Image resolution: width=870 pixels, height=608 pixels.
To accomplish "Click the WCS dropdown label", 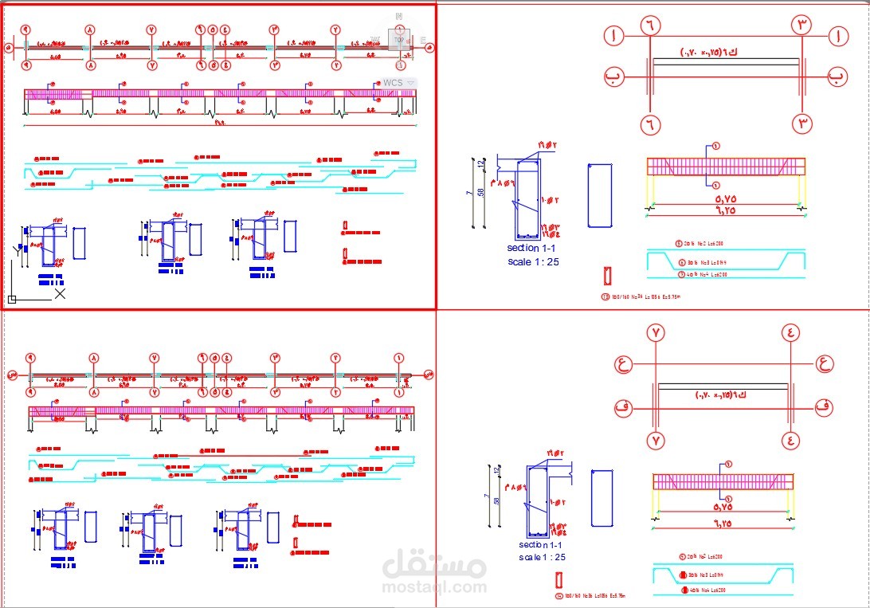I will click(394, 83).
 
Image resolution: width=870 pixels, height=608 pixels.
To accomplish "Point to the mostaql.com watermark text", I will click(435, 588).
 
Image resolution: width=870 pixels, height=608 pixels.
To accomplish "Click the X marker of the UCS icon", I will click(60, 293).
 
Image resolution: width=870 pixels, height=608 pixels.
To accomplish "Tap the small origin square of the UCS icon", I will click(12, 300).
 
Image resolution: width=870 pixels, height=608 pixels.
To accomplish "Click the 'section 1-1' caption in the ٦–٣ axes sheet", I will click(534, 249).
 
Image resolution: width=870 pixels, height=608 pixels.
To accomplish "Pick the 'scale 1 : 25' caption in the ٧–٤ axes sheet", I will click(542, 558).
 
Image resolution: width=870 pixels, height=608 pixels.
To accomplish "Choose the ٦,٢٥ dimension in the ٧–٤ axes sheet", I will click(723, 523).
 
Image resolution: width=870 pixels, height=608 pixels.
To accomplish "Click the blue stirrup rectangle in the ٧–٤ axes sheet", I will click(602, 498).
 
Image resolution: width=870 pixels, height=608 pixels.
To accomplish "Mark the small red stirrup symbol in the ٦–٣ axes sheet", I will click(606, 276).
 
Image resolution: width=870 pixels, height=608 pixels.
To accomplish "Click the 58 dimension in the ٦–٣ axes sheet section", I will click(480, 193).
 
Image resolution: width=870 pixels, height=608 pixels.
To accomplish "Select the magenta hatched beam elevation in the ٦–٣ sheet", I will click(725, 166).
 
